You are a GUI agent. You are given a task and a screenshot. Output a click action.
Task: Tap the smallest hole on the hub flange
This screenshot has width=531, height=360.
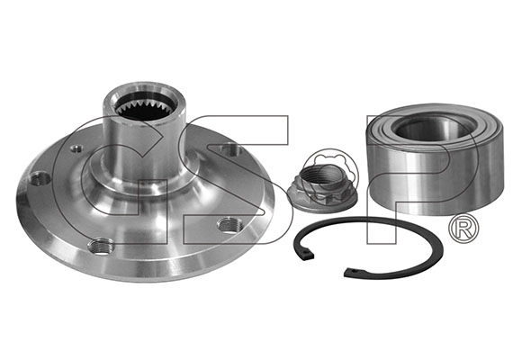click(76, 148)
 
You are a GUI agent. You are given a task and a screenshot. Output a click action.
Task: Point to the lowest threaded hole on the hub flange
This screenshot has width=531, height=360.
click(101, 246)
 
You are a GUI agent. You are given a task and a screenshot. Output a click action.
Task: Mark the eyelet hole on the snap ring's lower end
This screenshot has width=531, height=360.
click(353, 271)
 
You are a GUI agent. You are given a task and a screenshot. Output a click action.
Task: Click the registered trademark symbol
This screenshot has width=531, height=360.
click(463, 229)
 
